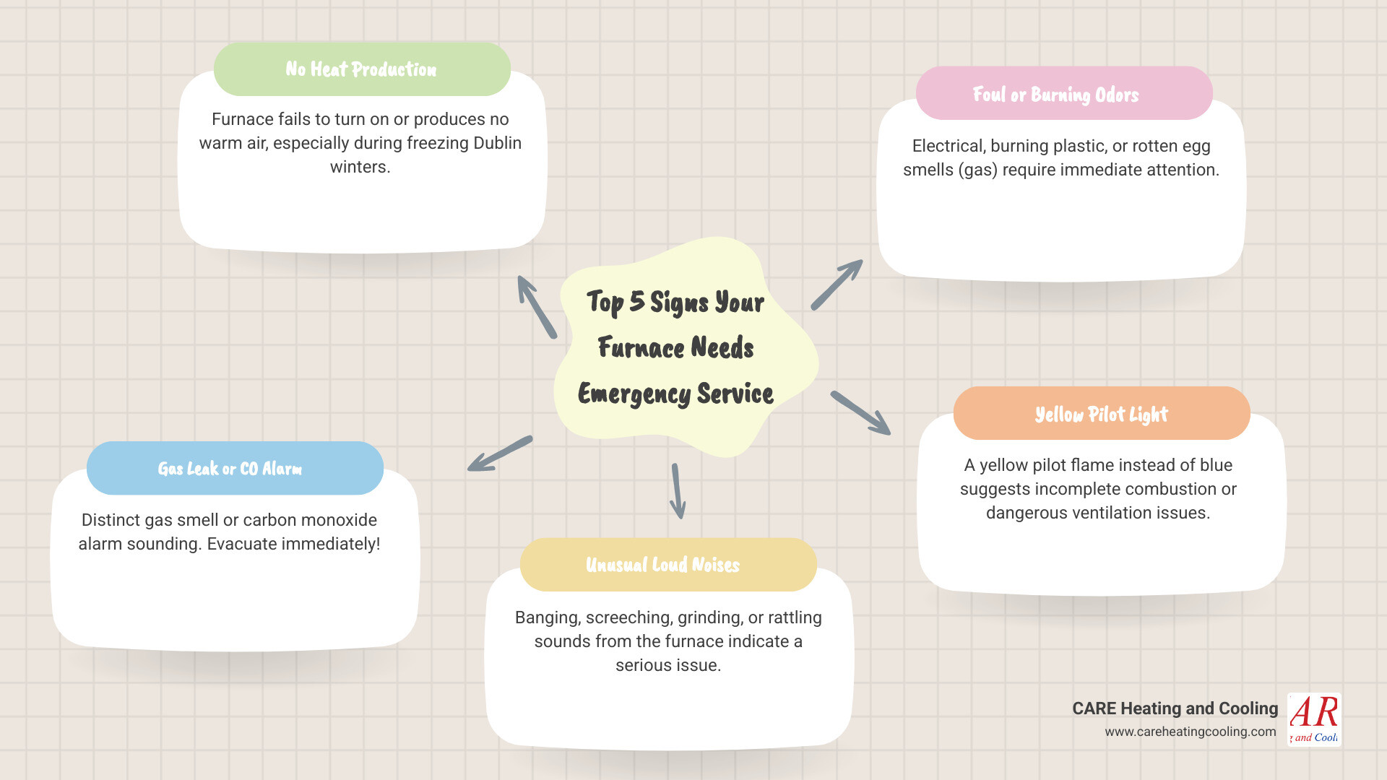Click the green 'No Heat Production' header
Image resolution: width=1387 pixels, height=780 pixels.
click(x=361, y=69)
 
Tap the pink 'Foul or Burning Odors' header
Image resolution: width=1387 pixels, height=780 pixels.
click(x=1055, y=95)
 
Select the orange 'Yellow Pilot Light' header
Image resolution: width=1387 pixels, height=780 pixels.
click(x=1101, y=415)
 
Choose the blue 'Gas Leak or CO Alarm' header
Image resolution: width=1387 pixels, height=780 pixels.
click(x=230, y=469)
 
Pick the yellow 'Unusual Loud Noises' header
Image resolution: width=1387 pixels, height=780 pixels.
click(x=662, y=565)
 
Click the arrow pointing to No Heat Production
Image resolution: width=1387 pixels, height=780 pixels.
click(x=537, y=307)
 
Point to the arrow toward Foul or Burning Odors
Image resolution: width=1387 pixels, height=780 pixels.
click(x=837, y=285)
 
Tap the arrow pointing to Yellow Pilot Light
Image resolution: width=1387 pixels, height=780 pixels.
click(x=860, y=413)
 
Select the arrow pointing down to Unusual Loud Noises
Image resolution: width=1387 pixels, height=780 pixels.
click(x=678, y=491)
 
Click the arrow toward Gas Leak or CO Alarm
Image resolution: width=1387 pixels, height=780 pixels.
click(x=500, y=454)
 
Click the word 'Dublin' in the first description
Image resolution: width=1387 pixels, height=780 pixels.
click(x=497, y=143)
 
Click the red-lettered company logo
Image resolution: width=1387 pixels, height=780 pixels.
click(x=1314, y=719)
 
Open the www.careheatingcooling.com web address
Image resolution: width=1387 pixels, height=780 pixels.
click(x=1190, y=732)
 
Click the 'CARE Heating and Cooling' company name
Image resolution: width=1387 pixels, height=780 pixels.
click(x=1175, y=708)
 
